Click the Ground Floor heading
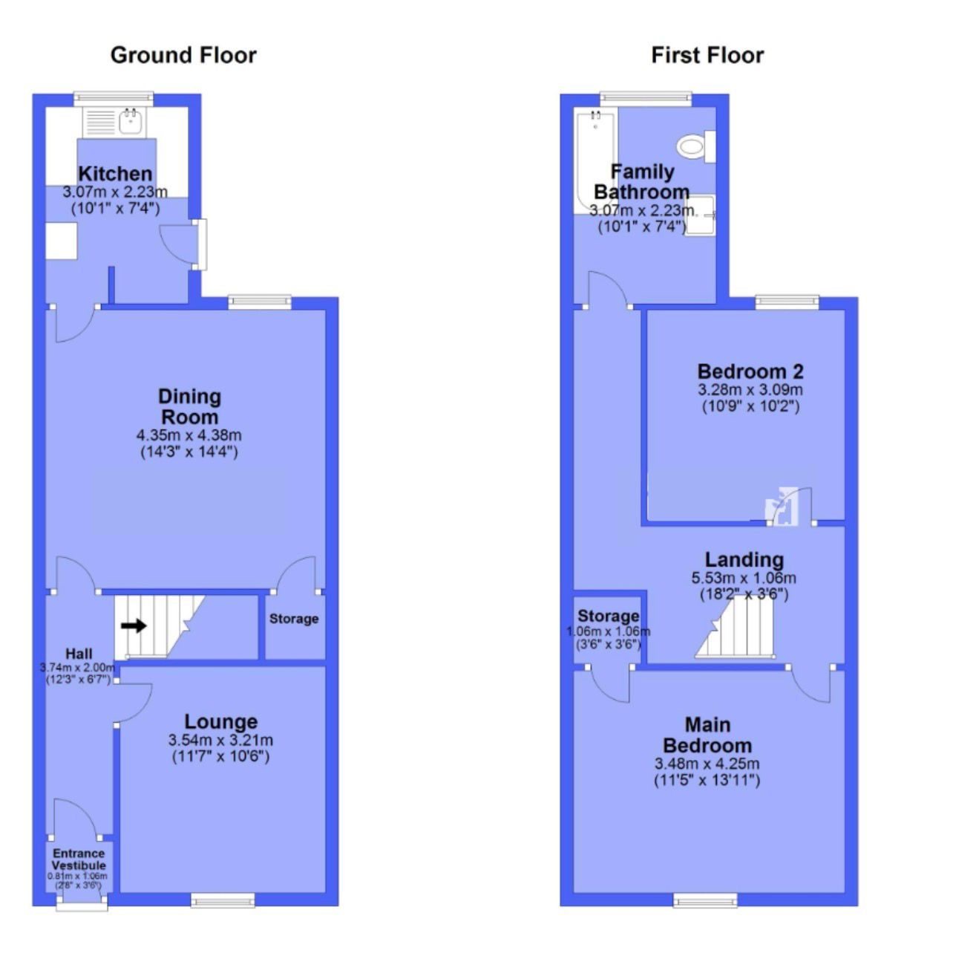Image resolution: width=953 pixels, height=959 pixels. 183,55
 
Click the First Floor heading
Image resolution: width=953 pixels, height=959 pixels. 707,55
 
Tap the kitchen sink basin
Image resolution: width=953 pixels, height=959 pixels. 131,121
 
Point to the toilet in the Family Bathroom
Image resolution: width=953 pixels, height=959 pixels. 696,146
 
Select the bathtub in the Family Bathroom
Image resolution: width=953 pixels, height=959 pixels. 595,162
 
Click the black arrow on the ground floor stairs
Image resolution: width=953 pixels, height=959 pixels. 134,625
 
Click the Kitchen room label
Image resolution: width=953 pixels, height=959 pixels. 115,174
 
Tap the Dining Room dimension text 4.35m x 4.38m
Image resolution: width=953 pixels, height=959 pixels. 189,435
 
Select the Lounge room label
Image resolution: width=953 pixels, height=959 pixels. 221,721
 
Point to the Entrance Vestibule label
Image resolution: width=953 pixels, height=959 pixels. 79,859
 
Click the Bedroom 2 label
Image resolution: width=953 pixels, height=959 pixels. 750,371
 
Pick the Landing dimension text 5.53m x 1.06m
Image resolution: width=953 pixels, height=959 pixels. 744,578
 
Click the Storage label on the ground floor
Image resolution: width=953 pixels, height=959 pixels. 293,619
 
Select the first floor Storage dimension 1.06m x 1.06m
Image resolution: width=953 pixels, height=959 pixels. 608,632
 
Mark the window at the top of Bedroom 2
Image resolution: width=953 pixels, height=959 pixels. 787,302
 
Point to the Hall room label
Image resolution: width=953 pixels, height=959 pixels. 79,654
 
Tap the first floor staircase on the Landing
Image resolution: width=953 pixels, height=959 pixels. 735,628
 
